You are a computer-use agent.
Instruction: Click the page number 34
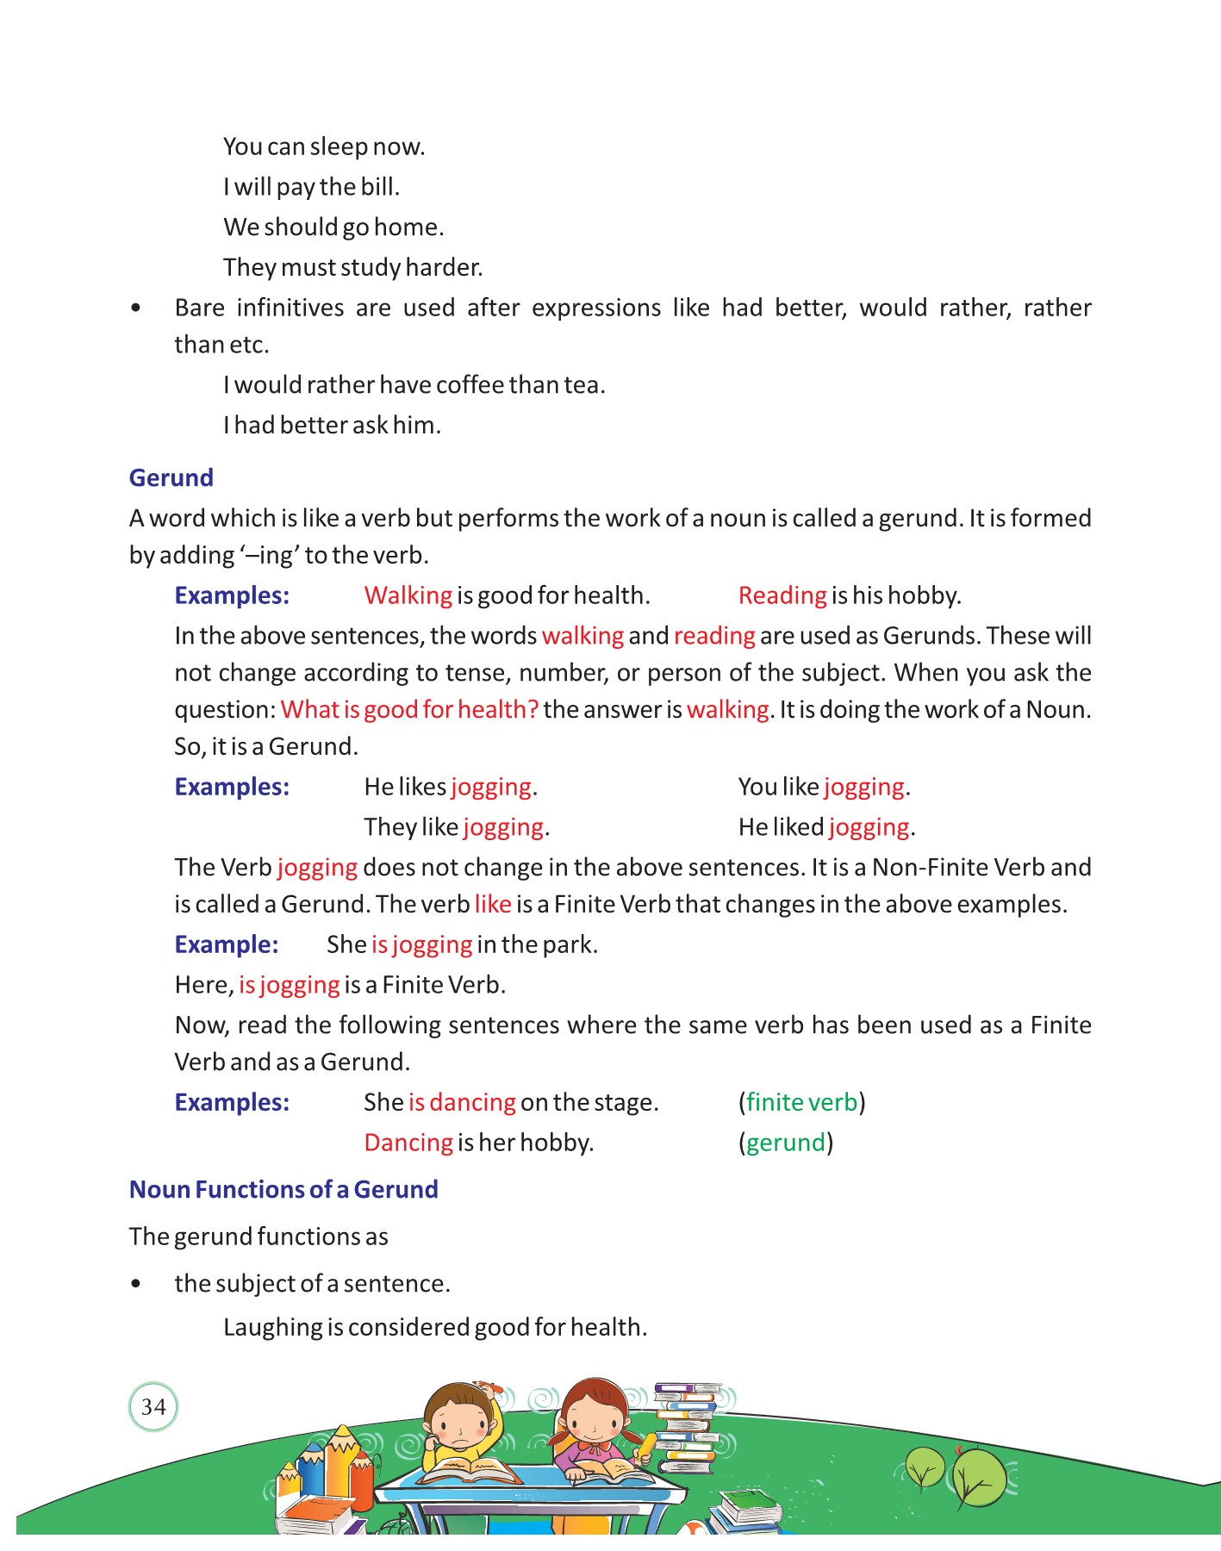coord(153,1407)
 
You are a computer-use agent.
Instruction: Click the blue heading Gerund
coord(171,478)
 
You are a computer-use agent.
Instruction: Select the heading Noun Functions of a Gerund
coord(283,1190)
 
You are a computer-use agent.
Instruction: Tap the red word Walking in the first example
coord(408,595)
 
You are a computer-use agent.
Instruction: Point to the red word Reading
coord(782,595)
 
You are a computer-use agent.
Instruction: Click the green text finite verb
coord(801,1103)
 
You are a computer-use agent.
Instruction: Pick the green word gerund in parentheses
coord(785,1143)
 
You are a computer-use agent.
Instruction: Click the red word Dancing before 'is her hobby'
coord(408,1143)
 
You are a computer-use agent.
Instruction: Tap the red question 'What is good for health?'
coord(409,710)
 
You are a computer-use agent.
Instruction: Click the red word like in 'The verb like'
coord(493,905)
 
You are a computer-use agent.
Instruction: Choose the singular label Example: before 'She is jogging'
coord(227,945)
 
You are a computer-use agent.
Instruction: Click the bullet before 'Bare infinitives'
coord(135,308)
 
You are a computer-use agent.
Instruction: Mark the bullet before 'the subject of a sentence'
coord(135,1284)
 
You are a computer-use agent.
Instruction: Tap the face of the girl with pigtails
coord(595,1422)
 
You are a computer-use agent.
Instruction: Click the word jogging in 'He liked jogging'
coord(869,828)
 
